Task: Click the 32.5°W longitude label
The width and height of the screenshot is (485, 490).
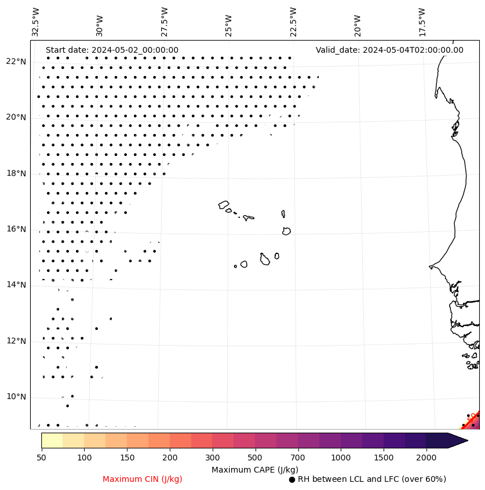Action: [x=36, y=21]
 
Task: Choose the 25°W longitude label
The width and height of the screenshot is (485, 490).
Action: [x=228, y=21]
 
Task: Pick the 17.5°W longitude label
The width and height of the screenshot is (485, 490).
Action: [x=421, y=21]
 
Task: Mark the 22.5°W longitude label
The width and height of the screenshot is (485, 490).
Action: [x=293, y=21]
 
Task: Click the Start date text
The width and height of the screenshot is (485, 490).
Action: [x=112, y=50]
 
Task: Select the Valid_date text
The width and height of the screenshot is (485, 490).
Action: [x=389, y=50]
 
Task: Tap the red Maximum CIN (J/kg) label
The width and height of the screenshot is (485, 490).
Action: [x=143, y=479]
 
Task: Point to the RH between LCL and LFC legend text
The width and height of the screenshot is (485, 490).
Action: [x=371, y=479]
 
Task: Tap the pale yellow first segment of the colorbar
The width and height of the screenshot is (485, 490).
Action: [x=52, y=440]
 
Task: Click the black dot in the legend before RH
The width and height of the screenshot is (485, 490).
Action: [x=292, y=480]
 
